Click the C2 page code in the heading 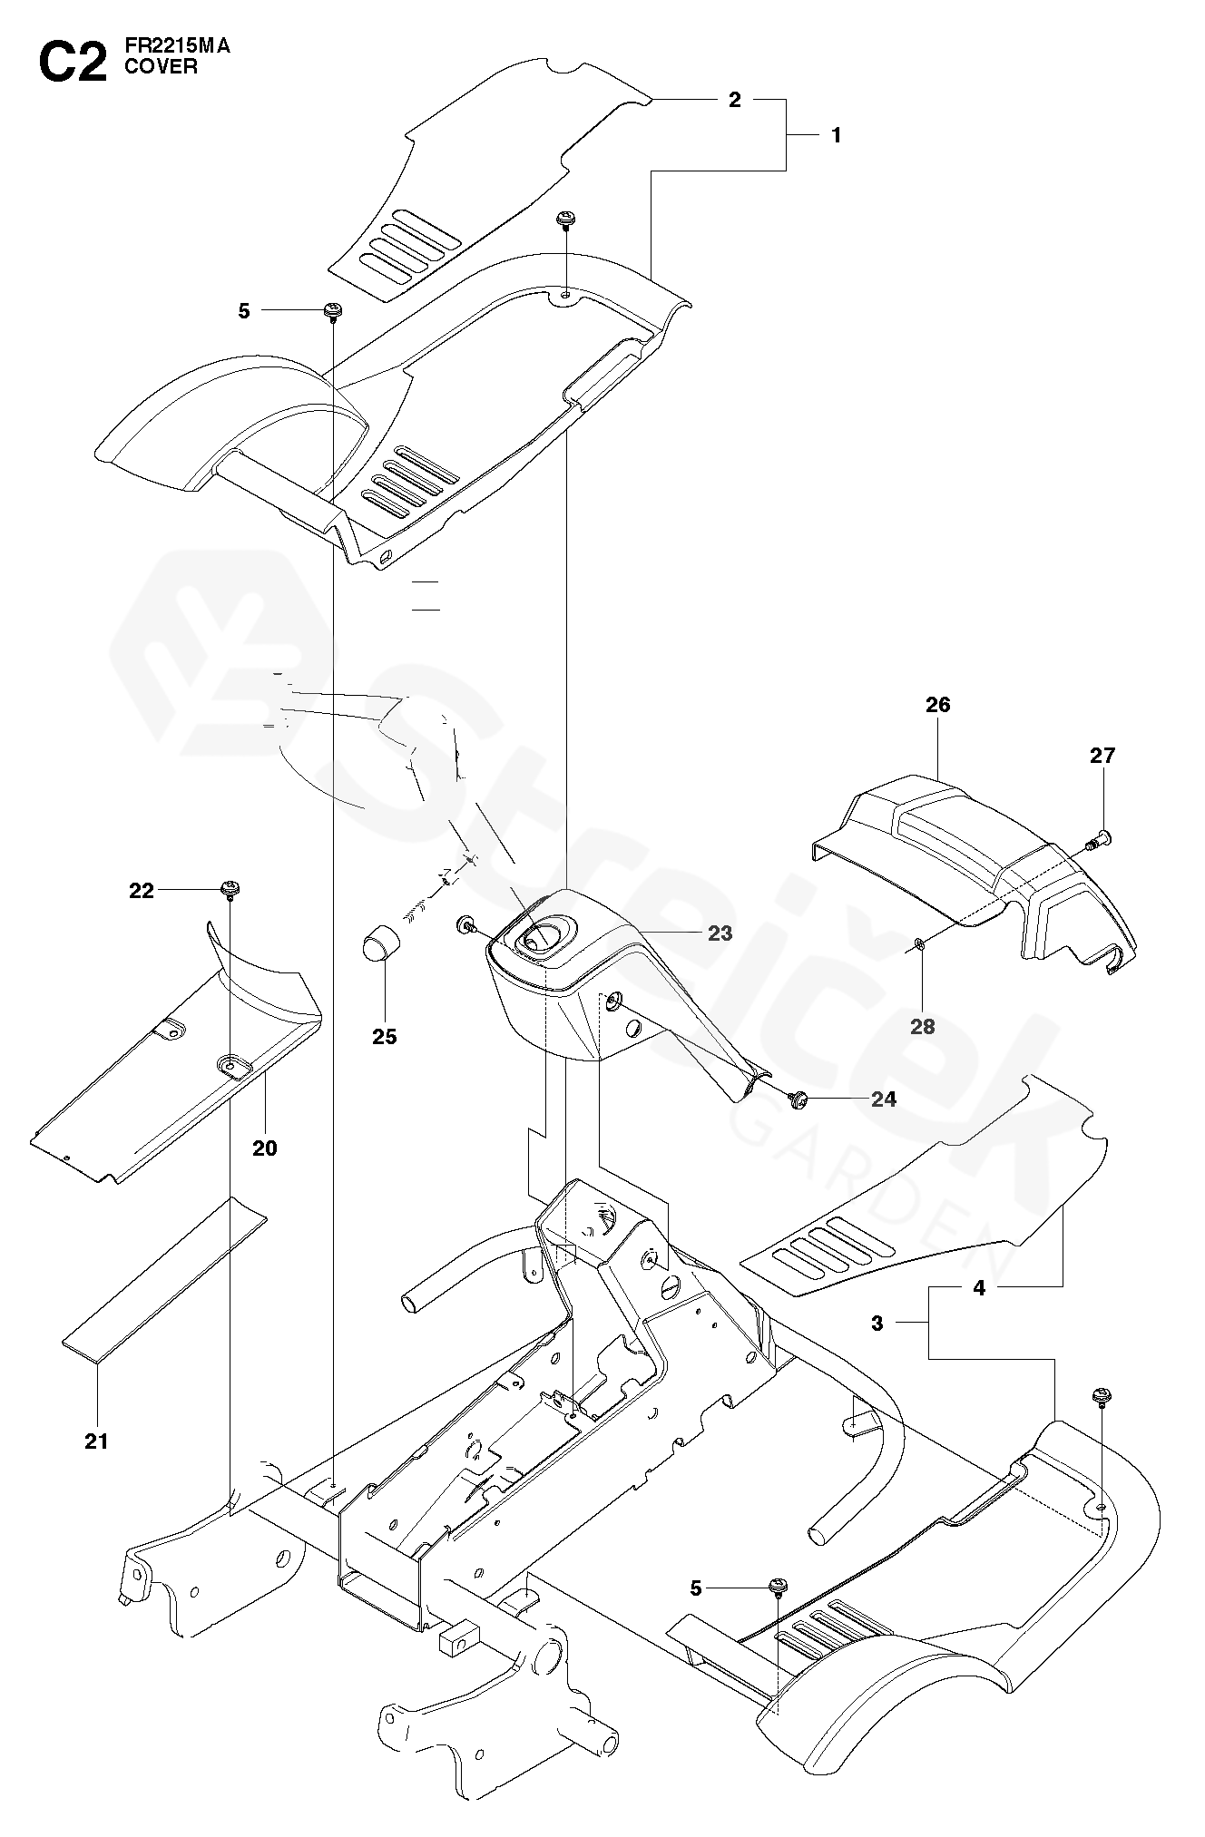[x=72, y=64]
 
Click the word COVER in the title [x=161, y=67]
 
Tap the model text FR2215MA [x=177, y=47]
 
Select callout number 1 [x=836, y=135]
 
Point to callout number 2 [x=735, y=100]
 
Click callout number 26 [x=937, y=705]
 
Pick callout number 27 [x=1102, y=756]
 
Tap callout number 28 [x=922, y=1027]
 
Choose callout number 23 [x=720, y=933]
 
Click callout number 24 [x=883, y=1099]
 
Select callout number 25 [x=385, y=1036]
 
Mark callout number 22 [x=142, y=891]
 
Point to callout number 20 [x=264, y=1148]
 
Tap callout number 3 [x=877, y=1324]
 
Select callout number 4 [x=979, y=1287]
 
